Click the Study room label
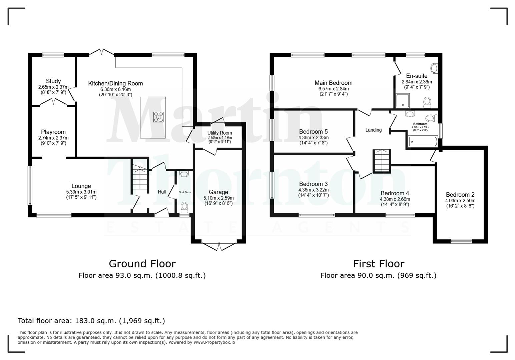[53, 81]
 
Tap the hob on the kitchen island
[158, 117]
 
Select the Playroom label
[53, 132]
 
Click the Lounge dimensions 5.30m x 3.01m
[81, 192]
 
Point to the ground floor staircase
[140, 178]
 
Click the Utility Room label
[219, 133]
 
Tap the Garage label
[218, 192]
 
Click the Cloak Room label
[185, 192]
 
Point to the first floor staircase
[382, 161]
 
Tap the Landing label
[373, 130]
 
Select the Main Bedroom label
[333, 83]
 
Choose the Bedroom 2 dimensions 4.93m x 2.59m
[460, 201]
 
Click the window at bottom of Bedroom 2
[461, 241]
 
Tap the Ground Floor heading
[142, 264]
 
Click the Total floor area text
[91, 321]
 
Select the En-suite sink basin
[434, 69]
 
